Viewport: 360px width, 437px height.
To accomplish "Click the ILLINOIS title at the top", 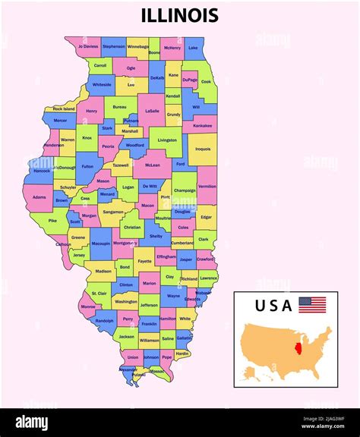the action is pos(180,15).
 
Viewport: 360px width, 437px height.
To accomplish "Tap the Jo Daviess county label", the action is pos(88,46).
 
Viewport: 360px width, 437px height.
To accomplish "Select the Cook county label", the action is pos(206,81).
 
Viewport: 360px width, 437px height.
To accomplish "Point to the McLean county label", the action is pos(153,165).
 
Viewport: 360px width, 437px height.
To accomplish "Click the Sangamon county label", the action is pos(113,212).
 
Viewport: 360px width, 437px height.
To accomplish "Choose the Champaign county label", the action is pos(185,190).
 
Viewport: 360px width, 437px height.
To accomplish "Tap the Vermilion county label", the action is pos(207,186).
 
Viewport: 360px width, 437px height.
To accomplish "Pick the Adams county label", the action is pos(39,196).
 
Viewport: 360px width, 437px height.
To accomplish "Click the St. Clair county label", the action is pos(99,293).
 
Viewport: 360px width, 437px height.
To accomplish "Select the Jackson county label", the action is pos(127,336).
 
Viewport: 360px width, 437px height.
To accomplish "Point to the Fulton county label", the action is pos(88,166).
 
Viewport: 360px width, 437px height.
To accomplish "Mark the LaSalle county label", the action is pos(152,111).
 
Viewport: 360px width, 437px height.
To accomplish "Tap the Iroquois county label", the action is pos(203,149).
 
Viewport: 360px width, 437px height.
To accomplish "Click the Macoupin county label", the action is pos(101,244).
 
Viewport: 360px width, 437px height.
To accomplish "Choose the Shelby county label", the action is pos(156,236).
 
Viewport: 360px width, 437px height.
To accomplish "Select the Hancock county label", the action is pos(41,171).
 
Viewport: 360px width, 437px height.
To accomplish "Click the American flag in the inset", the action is pos(312,305).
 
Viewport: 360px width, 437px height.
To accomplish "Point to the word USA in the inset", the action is pos(273,306).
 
